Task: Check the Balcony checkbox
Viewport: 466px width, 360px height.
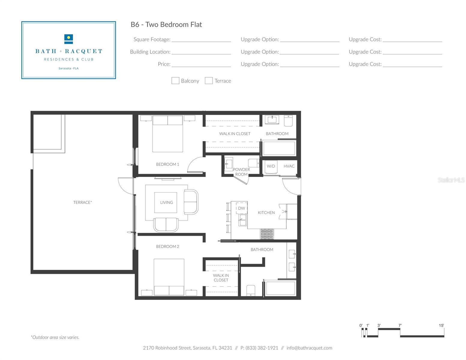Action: tap(175, 81)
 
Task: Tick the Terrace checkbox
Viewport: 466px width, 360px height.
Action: tap(209, 81)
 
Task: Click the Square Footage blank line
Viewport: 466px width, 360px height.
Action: tap(201, 41)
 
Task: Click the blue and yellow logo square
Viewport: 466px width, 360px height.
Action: tap(69, 39)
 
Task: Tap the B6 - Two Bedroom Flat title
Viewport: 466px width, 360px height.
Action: tap(166, 24)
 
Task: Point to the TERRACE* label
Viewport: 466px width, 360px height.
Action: tap(83, 202)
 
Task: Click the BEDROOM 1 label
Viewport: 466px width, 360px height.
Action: tap(167, 164)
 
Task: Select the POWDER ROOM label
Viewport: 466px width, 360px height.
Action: tap(242, 172)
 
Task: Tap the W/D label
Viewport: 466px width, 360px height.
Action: tap(271, 166)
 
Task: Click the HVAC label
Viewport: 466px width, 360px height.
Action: tap(289, 166)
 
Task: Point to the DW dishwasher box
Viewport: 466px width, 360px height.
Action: tap(242, 208)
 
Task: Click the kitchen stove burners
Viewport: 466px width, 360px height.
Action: tap(267, 234)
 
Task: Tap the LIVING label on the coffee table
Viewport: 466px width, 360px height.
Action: tap(167, 202)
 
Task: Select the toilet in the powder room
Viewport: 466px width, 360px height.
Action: tap(254, 163)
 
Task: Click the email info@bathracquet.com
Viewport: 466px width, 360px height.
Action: tap(309, 348)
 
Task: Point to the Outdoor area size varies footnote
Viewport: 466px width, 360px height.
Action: tap(55, 337)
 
